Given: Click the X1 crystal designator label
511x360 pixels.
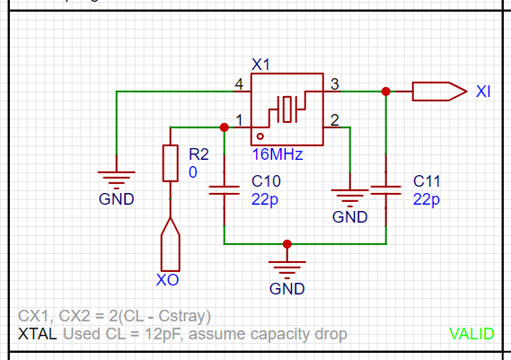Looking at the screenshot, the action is pyautogui.click(x=260, y=64).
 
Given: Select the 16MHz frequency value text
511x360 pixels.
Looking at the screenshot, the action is pyautogui.click(x=278, y=154).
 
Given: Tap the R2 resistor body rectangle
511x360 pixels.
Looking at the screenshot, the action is pyautogui.click(x=171, y=163).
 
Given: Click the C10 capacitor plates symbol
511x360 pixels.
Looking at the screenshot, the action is pyautogui.click(x=225, y=190).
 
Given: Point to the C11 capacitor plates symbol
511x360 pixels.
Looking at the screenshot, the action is pyautogui.click(x=386, y=190).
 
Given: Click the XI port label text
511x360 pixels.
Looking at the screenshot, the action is pyautogui.click(x=483, y=92).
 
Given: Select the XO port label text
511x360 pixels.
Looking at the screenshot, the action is pyautogui.click(x=168, y=280).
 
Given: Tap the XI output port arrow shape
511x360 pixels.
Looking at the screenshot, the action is pyautogui.click(x=440, y=92).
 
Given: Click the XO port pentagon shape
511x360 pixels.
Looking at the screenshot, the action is pyautogui.click(x=171, y=244).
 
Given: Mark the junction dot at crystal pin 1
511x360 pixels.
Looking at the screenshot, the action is pyautogui.click(x=225, y=127).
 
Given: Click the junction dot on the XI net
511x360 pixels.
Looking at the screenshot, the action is pyautogui.click(x=386, y=92).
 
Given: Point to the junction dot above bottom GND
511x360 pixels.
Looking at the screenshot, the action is pyautogui.click(x=287, y=244).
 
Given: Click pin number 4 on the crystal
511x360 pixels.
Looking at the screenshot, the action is pyautogui.click(x=239, y=84).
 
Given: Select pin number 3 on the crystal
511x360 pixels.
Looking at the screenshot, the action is pyautogui.click(x=335, y=84).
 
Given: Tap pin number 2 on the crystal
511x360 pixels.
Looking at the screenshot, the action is pyautogui.click(x=335, y=120).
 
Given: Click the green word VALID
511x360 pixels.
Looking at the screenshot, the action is pyautogui.click(x=471, y=334).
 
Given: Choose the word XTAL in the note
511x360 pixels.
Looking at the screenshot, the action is pyautogui.click(x=38, y=334).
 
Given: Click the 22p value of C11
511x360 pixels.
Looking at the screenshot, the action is pyautogui.click(x=427, y=199).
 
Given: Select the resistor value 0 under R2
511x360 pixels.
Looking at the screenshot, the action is pyautogui.click(x=193, y=172).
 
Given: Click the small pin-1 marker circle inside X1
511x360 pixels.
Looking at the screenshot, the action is pyautogui.click(x=260, y=136).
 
